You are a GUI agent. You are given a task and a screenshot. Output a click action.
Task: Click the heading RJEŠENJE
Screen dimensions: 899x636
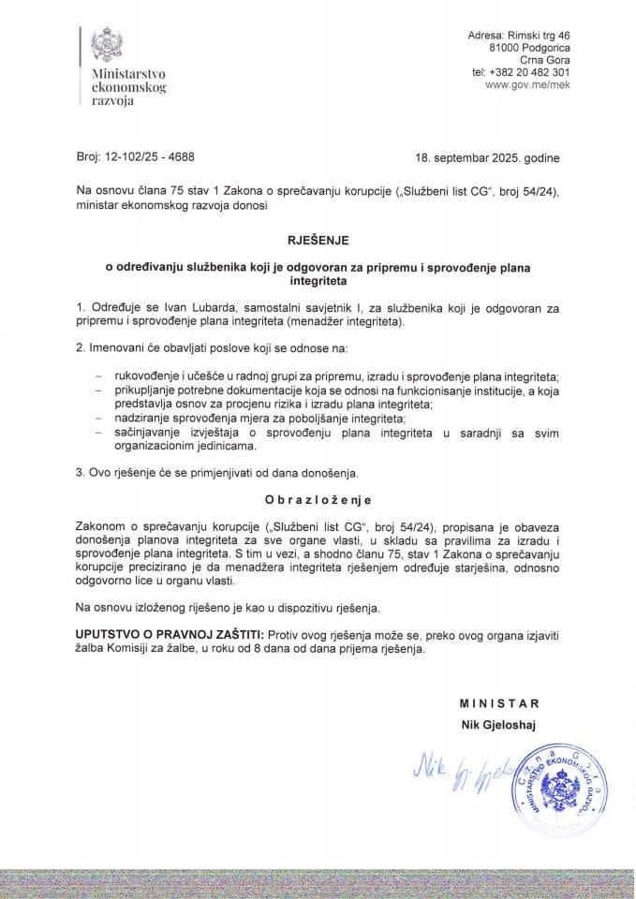tap(318, 240)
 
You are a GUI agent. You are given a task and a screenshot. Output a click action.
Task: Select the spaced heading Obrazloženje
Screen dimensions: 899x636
tap(318, 501)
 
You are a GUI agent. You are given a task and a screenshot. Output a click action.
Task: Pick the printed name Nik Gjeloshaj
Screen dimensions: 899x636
tap(495, 723)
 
